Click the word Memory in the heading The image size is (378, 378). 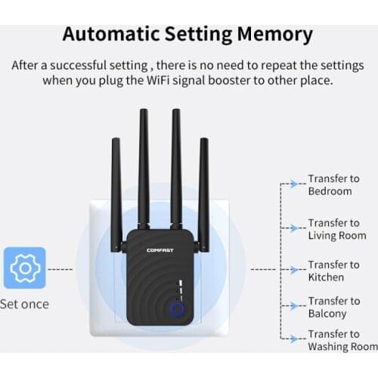[275, 35]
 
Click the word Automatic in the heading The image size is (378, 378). [111, 34]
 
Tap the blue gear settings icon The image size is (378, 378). [25, 268]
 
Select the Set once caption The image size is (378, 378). [24, 304]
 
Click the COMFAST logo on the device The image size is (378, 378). [160, 250]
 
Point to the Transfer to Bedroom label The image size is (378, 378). [333, 184]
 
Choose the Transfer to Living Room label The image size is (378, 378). [337, 229]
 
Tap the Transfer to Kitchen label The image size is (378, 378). [333, 271]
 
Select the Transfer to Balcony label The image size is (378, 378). [334, 307]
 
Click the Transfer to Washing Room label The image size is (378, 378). [342, 340]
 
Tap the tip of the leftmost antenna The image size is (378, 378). [116, 138]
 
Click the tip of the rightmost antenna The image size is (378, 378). [204, 138]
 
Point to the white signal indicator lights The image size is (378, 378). [181, 290]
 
